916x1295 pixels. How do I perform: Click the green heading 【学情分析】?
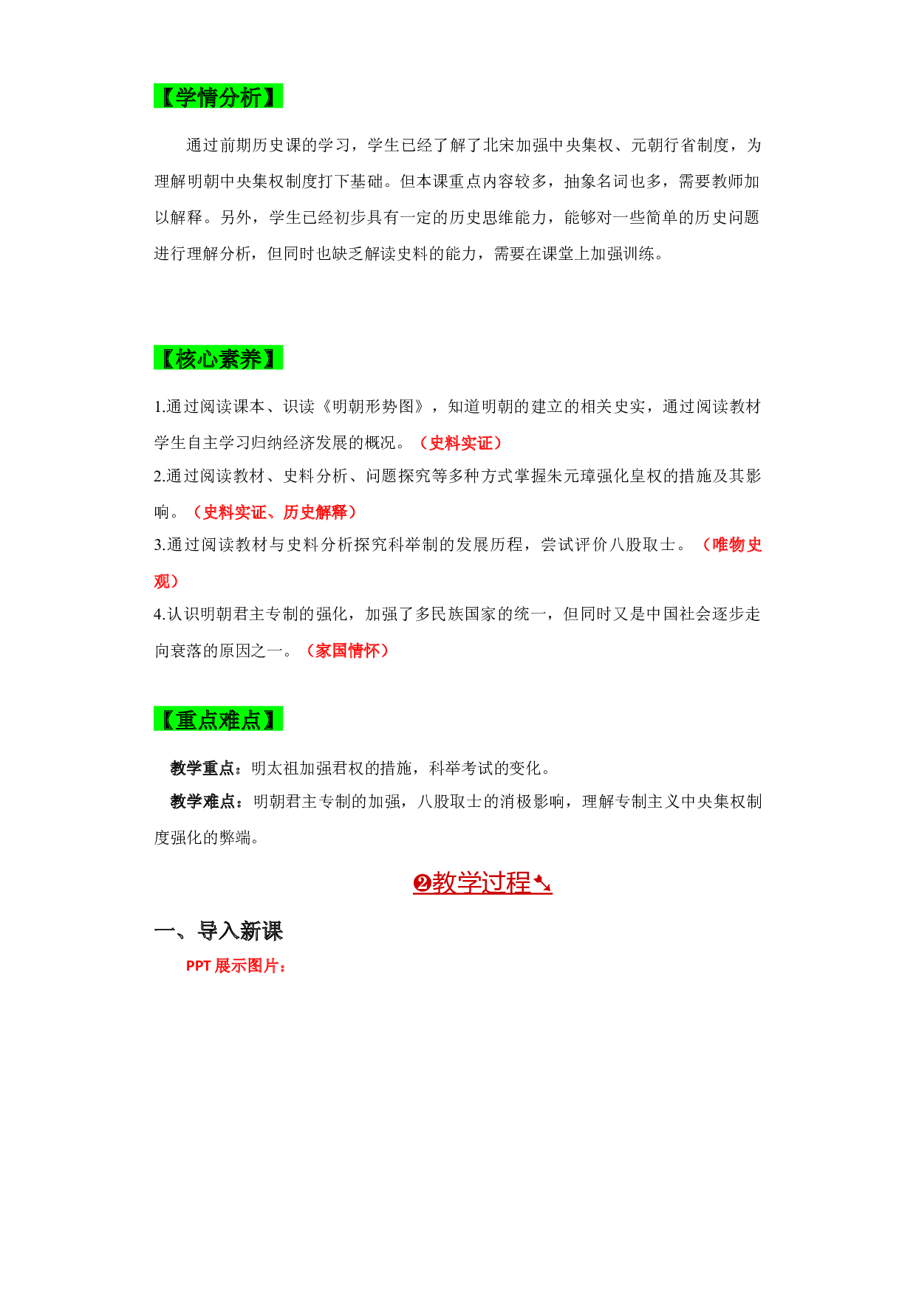(218, 97)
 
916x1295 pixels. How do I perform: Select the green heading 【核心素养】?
(218, 359)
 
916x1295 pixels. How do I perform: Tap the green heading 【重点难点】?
(218, 719)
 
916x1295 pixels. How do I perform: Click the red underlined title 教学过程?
(482, 882)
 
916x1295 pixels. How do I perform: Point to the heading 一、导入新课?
(219, 931)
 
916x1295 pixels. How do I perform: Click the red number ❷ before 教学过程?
(422, 883)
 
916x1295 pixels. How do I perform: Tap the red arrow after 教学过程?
(542, 883)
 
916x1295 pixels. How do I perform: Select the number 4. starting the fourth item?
(160, 614)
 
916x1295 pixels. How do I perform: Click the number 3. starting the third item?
(160, 545)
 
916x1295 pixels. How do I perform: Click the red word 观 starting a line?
(162, 581)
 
